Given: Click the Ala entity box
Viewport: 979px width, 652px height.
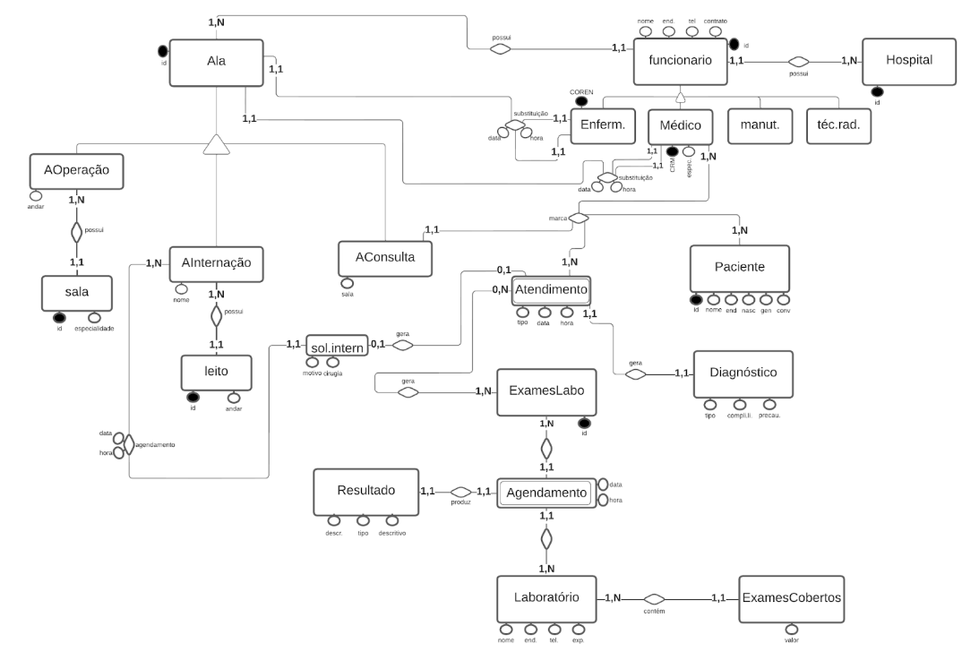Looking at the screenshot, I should click(216, 63).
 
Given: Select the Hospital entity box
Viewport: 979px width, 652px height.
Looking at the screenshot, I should click(909, 61).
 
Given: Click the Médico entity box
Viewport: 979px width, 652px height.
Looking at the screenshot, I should click(680, 126).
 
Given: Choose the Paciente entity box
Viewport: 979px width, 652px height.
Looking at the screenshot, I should click(740, 268).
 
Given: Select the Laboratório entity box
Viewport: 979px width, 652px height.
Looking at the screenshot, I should click(546, 596).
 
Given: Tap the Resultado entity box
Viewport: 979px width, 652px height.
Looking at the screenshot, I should click(365, 491).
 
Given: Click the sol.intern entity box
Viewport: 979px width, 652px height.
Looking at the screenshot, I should click(336, 345).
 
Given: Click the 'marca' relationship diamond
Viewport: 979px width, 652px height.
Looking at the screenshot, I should click(580, 218).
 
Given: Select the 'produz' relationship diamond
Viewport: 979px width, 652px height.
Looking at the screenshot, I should click(460, 492).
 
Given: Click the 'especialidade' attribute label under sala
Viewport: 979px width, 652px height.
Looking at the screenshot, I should click(93, 328).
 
